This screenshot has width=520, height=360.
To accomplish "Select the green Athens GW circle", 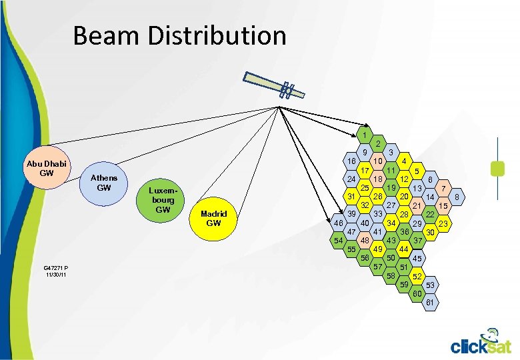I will (104, 183).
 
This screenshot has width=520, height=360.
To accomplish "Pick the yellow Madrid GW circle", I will (213, 218).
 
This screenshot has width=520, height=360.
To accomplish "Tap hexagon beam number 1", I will (363, 135).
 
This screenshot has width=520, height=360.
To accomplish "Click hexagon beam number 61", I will (430, 303).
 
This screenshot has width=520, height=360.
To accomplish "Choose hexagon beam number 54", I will (338, 240).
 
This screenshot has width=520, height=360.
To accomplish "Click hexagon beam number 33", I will (377, 213).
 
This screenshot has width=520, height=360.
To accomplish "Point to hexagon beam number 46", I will (339, 223).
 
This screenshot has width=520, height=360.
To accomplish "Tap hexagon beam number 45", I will (417, 258).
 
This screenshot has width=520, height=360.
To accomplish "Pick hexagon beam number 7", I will (443, 188).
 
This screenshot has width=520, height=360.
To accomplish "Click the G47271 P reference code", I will (56, 267).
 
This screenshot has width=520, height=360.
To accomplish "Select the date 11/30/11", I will (56, 275).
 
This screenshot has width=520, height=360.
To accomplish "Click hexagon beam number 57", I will (378, 267).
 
